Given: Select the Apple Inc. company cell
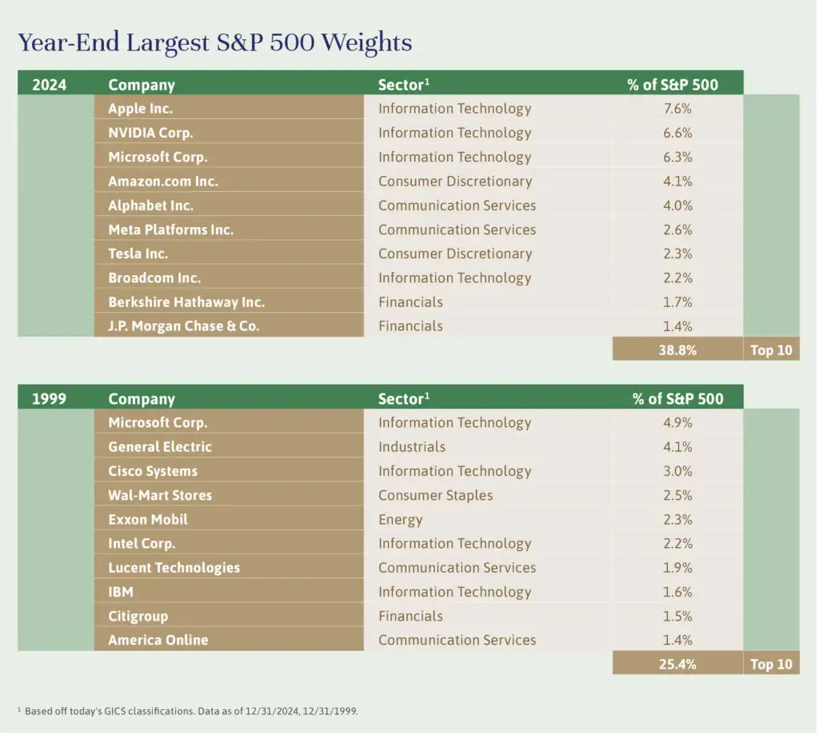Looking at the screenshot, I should click(x=141, y=109).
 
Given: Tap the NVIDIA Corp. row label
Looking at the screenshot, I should click(x=150, y=133).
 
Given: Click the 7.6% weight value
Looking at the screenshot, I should click(x=677, y=109).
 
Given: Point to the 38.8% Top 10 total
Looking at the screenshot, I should click(x=677, y=350).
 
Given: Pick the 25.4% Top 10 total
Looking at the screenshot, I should click(x=677, y=664).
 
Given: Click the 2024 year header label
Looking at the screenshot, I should click(x=49, y=84).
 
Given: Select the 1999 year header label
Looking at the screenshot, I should click(x=49, y=398).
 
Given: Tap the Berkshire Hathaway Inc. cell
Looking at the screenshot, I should click(x=186, y=302).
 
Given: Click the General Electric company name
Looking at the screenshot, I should click(x=160, y=447).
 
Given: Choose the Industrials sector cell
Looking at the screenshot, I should click(x=412, y=447).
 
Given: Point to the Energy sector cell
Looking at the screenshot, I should click(x=400, y=520).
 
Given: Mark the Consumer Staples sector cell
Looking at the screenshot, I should click(x=435, y=495).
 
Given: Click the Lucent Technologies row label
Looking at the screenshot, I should click(x=174, y=568).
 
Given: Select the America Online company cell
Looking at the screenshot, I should click(x=158, y=640).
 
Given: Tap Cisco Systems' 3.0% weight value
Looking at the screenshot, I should click(x=677, y=471).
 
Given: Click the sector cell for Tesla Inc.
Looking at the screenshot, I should click(x=454, y=254).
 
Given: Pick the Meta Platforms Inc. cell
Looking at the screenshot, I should click(x=170, y=230).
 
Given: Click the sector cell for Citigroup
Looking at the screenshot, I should click(x=410, y=616).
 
